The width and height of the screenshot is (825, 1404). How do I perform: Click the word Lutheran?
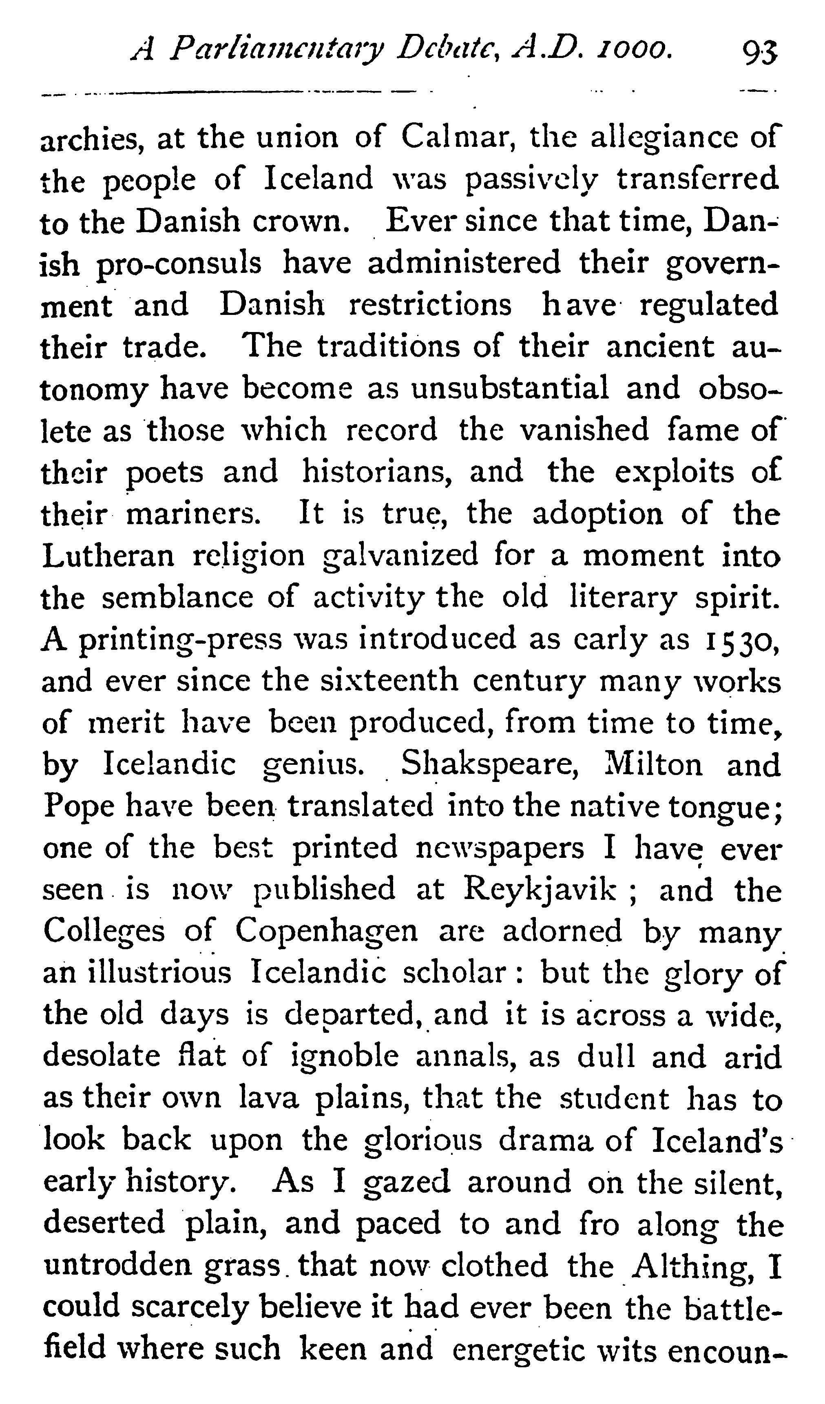[108, 556]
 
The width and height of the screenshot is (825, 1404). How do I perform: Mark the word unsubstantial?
[510, 388]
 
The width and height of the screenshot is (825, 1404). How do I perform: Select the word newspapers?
[500, 848]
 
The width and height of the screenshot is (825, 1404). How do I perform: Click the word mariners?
[193, 514]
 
